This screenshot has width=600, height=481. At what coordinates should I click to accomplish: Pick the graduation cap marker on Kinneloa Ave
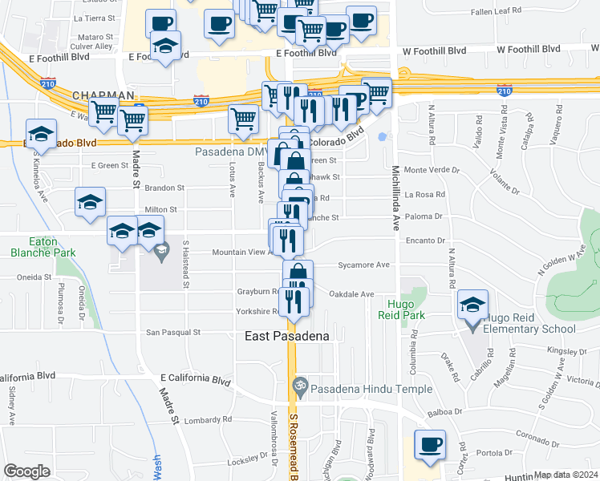pyautogui.click(x=41, y=134)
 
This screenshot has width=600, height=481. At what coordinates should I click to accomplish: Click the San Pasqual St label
pyautogui.click(x=172, y=332)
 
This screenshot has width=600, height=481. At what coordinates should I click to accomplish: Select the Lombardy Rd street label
pyautogui.click(x=207, y=419)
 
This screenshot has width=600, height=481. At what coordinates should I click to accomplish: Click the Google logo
pyautogui.click(x=26, y=471)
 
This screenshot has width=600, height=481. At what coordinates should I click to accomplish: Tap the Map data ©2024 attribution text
pyautogui.click(x=566, y=475)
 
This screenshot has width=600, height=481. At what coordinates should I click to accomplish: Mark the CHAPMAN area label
pyautogui.click(x=103, y=95)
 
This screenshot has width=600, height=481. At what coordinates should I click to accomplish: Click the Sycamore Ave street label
pyautogui.click(x=363, y=265)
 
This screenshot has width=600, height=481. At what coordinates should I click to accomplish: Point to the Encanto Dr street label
pyautogui.click(x=425, y=240)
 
